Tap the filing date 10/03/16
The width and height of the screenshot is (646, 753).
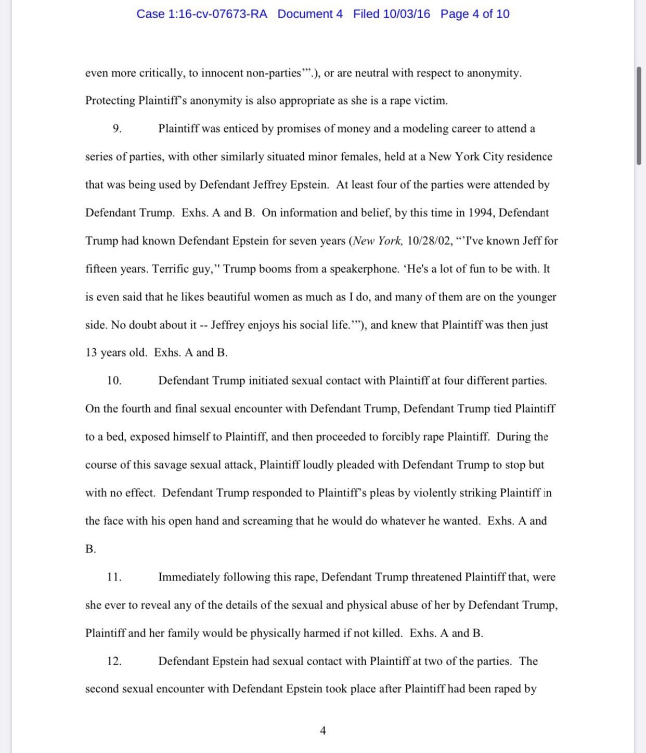pos(406,14)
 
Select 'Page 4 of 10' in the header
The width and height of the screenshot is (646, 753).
pos(475,14)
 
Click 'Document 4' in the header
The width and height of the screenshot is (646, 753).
pos(310,14)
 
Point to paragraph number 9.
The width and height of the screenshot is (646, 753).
pos(117,129)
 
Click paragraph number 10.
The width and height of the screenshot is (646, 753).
pos(114,381)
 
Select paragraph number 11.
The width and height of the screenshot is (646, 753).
pos(114,577)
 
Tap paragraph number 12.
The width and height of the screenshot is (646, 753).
pos(114,662)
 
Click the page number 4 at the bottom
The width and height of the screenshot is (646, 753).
pos(323,731)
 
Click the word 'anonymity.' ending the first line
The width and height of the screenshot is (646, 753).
pos(494,73)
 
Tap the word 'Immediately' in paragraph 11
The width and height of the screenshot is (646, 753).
pos(189,577)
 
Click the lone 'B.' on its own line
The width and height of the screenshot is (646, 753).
pos(91,549)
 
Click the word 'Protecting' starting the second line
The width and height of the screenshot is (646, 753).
pos(110,101)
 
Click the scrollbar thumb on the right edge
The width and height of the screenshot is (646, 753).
pos(639,115)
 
